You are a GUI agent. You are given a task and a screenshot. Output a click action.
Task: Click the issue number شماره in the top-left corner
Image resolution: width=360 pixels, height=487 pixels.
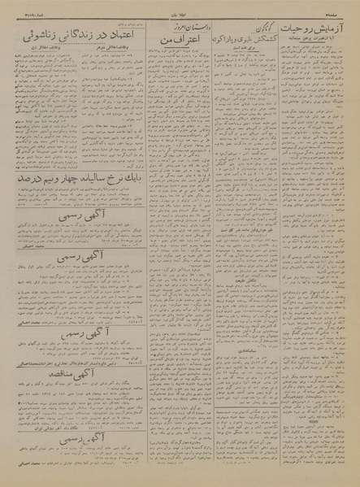tap(17, 4)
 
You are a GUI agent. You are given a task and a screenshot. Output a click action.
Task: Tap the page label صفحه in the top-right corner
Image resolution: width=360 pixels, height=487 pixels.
tap(348, 4)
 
